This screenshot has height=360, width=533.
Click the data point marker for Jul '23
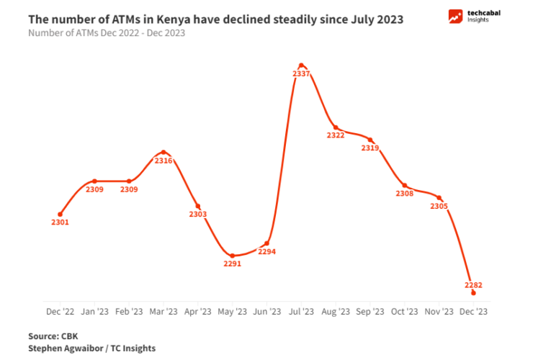point(301,65)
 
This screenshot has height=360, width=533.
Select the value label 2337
point(302,74)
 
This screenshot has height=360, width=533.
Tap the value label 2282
point(473,285)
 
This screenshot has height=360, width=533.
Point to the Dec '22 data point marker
point(60,214)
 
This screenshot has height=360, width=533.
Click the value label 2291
point(232,264)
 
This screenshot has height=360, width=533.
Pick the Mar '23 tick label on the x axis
point(164,312)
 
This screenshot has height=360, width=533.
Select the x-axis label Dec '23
point(473,312)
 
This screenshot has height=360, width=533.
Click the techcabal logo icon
point(455,17)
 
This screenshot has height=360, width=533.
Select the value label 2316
point(164,161)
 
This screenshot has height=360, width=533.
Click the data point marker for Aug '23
point(336,127)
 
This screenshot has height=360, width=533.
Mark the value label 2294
point(266,252)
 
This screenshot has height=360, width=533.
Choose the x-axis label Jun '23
point(266,312)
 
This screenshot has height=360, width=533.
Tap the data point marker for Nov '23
point(439,197)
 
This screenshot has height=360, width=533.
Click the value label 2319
point(370,148)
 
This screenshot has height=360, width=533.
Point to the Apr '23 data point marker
point(198,206)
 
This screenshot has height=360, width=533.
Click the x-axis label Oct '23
point(404,312)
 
